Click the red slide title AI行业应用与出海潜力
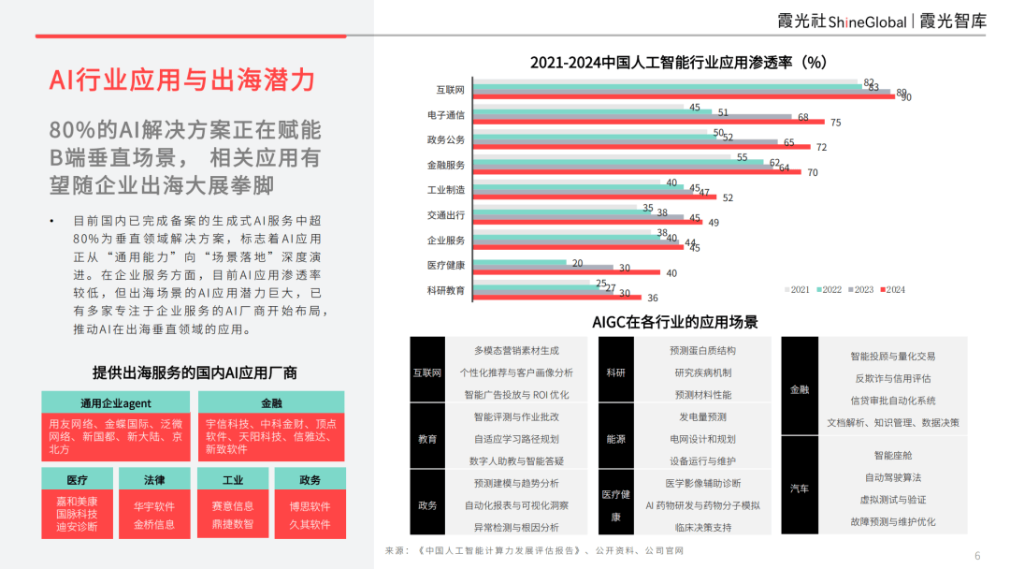click(182, 80)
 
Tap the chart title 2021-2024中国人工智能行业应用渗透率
click(678, 63)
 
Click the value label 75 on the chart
click(835, 123)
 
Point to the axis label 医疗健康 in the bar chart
click(446, 265)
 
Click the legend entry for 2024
click(890, 290)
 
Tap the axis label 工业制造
click(446, 189)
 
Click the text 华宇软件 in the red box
click(153, 506)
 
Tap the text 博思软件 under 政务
click(310, 506)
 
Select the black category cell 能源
click(615, 439)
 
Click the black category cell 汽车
click(800, 489)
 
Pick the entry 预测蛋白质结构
click(702, 351)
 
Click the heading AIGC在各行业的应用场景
click(674, 322)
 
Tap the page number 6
click(977, 555)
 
